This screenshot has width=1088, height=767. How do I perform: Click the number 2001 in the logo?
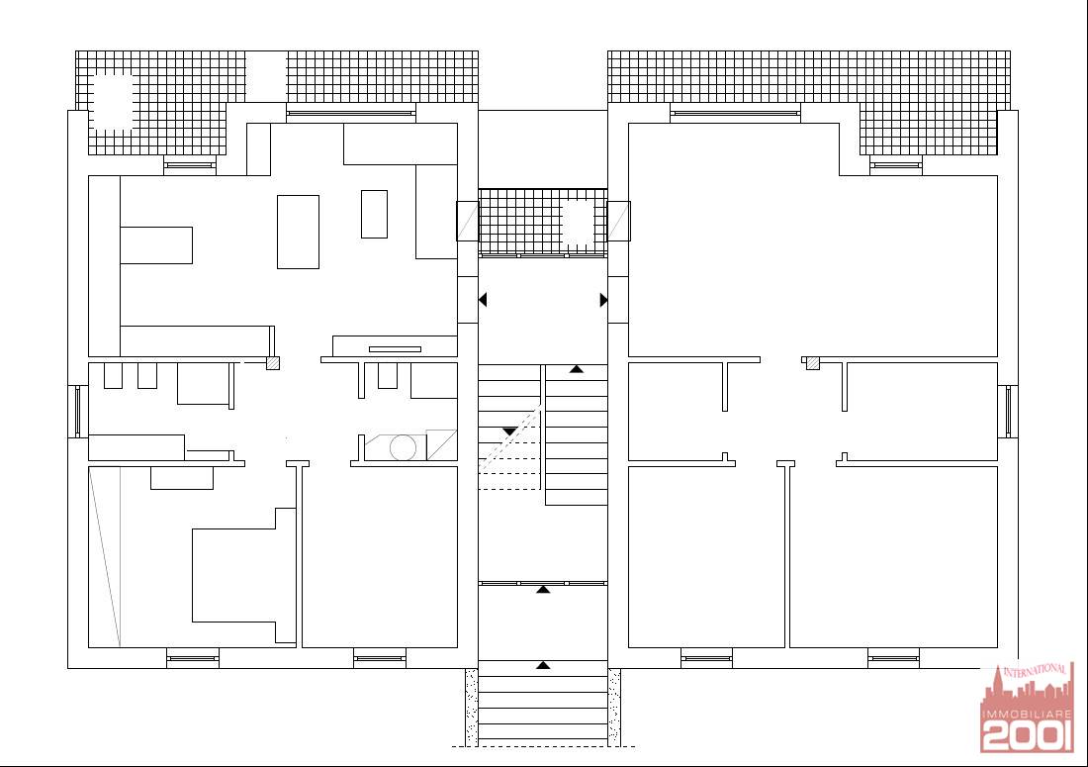(1027, 735)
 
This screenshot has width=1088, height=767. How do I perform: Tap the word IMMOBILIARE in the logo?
(1027, 714)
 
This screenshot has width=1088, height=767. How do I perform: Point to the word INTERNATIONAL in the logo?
(1035, 671)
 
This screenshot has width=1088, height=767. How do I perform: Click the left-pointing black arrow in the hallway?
(483, 299)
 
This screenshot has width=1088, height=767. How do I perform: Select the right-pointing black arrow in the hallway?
(603, 300)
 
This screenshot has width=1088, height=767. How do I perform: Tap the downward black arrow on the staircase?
(509, 431)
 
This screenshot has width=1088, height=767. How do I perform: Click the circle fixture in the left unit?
(403, 447)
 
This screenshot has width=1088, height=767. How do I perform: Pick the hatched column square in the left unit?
(273, 363)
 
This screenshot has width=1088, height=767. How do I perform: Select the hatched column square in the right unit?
(812, 363)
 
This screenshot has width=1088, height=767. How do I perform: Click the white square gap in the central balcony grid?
(579, 223)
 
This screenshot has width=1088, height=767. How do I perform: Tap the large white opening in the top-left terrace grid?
(112, 102)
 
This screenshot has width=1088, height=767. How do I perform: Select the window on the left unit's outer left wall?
(78, 412)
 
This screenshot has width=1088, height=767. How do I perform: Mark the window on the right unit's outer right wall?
(1009, 412)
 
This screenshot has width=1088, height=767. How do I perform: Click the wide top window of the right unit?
(735, 113)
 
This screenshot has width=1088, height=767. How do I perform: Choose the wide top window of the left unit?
(351, 113)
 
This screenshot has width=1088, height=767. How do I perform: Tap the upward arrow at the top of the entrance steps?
(543, 665)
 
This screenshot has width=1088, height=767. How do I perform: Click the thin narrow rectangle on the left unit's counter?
(395, 349)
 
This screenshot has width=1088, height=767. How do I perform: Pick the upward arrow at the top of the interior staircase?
(577, 368)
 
